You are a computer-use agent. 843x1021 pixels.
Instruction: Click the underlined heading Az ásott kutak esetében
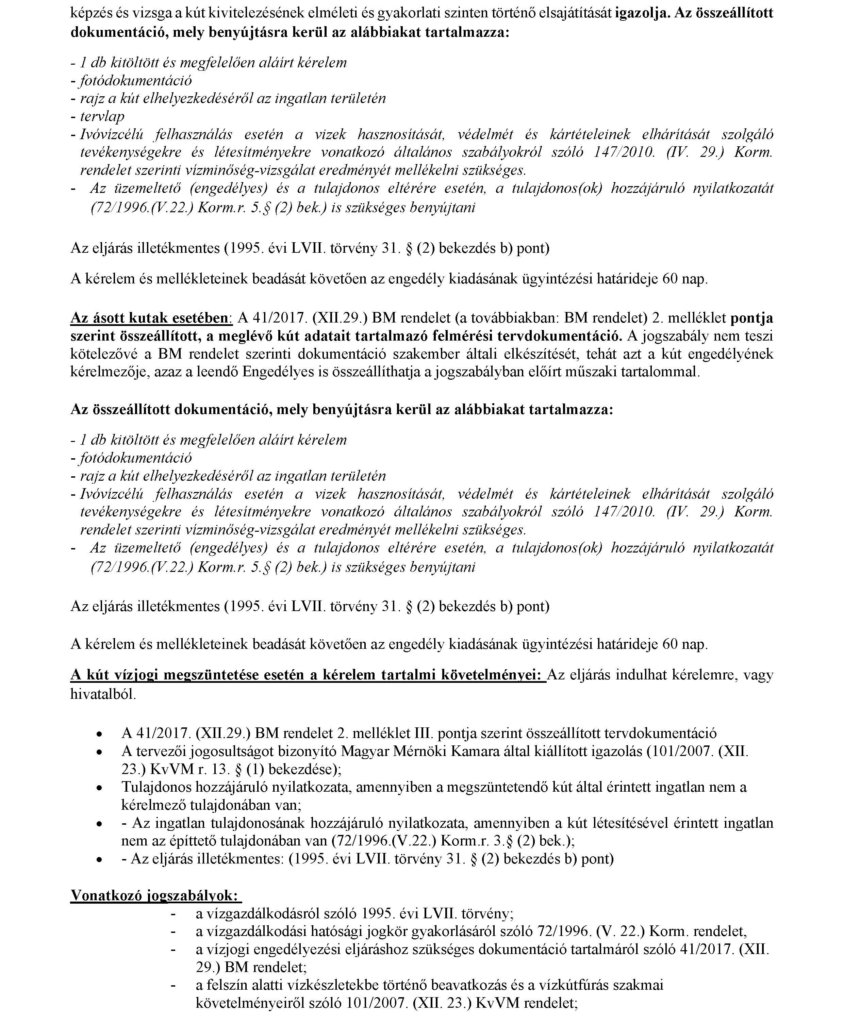151,318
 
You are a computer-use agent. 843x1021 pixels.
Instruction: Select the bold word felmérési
486,336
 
